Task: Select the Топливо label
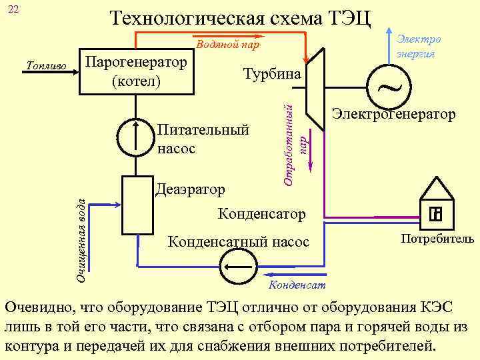point(45,66)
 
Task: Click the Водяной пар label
point(228,45)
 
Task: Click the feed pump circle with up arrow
point(135,137)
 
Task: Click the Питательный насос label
point(203,139)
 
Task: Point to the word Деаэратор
point(190,190)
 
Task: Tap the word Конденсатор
point(262,214)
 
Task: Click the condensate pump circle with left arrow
point(237,271)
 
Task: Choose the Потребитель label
point(437,239)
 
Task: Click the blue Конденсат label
point(297,285)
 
